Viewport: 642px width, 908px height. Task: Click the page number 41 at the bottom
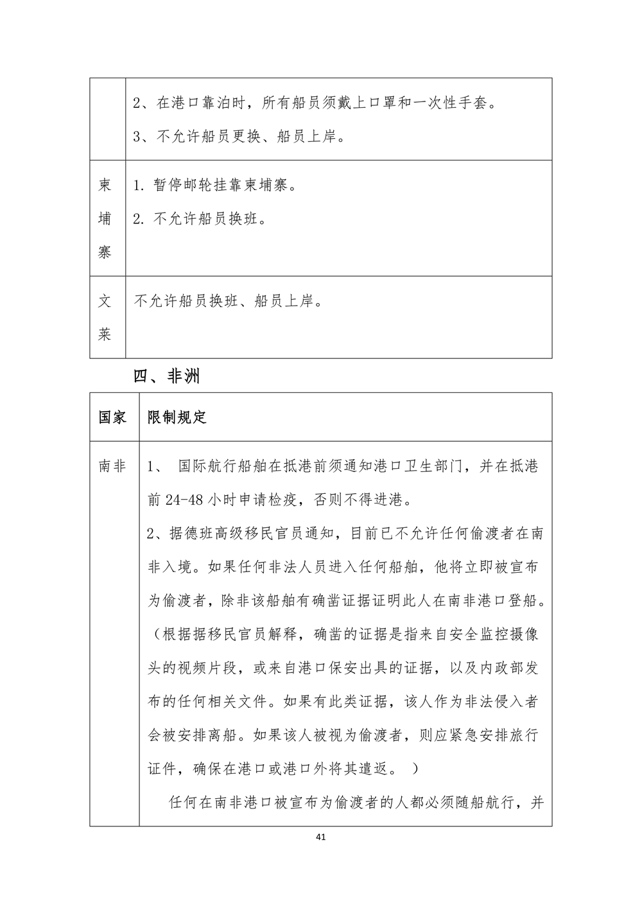pos(322,837)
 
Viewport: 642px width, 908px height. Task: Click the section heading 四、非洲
pos(166,376)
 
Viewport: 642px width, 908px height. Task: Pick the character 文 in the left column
pos(105,301)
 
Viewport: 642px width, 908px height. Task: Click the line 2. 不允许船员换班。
pos(200,218)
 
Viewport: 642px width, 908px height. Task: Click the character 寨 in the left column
pos(105,252)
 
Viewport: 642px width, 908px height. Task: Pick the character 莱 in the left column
pos(105,335)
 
